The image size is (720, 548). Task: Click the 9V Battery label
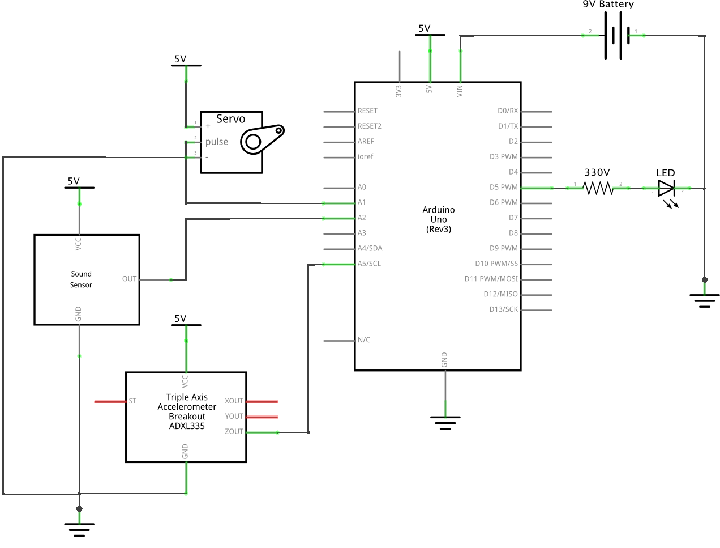608,4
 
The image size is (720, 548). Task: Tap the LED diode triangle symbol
666,188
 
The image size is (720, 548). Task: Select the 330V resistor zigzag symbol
598,188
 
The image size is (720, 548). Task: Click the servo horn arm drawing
262,139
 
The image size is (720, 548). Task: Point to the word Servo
230,119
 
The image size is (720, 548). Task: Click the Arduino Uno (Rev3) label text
439,219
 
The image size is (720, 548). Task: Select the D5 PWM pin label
504,187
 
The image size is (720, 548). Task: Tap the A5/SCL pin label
369,264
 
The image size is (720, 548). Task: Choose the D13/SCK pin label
504,309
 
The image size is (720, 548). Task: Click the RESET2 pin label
370,126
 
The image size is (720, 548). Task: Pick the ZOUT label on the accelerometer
234,431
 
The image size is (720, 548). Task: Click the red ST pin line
110,402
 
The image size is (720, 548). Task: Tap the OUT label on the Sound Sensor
129,279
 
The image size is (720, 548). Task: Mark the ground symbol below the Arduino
445,423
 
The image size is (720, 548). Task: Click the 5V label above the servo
180,59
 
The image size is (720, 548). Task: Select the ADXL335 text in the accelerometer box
187,426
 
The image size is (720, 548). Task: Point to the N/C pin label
364,340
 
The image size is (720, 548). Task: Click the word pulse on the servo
217,142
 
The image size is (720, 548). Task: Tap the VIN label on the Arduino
460,91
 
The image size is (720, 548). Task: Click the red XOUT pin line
262,402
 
